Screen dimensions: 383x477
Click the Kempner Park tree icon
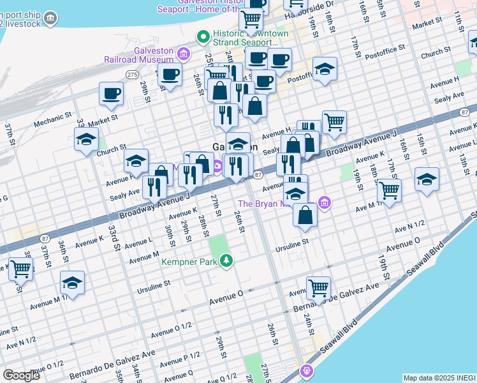point(226,260)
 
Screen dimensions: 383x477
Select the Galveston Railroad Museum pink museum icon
point(184,53)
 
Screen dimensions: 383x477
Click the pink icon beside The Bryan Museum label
point(325,204)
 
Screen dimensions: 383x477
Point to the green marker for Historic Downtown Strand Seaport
point(203,36)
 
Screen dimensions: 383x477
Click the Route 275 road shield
point(131,75)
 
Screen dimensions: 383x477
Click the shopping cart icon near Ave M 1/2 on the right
point(388,189)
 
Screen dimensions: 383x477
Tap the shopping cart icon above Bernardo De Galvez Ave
point(318,287)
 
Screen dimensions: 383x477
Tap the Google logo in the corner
point(21,375)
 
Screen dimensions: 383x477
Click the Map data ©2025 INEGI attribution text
point(439,378)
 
